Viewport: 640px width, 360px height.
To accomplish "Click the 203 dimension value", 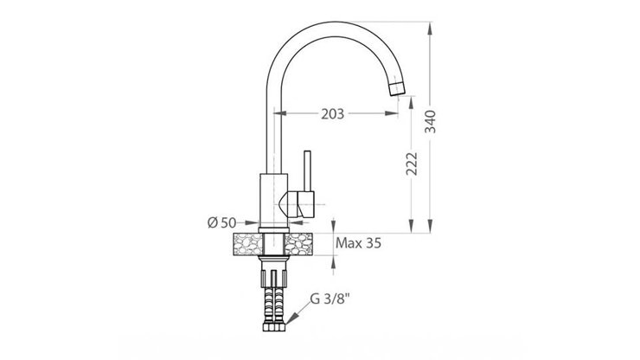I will pos(333,113).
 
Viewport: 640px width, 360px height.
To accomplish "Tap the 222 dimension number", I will pos(413,163).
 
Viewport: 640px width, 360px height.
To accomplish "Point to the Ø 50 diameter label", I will pos(221,224).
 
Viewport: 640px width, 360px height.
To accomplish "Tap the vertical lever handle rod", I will pos(306,171).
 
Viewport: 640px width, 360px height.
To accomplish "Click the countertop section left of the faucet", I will pos(246,245).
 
